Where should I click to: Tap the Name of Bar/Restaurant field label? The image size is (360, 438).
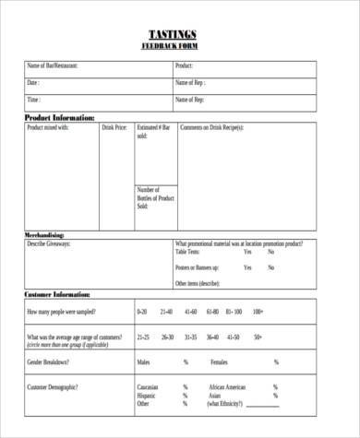point(53,66)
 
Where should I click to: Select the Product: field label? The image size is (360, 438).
point(184,66)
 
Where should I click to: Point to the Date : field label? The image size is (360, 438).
point(33,83)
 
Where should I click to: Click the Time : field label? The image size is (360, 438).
point(34,100)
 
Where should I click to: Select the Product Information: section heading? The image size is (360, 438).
point(59,118)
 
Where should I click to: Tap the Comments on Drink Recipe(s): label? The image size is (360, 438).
point(211,127)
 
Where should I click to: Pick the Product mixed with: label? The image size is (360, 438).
point(49,127)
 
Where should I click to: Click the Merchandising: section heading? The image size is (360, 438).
point(50,235)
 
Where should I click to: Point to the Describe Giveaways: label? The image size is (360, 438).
point(49,243)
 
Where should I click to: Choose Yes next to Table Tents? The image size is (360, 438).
point(247,252)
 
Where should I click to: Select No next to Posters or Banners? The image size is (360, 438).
point(270,267)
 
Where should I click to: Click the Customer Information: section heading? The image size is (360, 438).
point(57,294)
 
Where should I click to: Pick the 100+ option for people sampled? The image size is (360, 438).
point(258,312)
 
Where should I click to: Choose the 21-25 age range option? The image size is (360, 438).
point(143,337)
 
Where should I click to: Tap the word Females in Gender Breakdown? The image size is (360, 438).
point(219,362)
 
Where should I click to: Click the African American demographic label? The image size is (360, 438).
point(227,387)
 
